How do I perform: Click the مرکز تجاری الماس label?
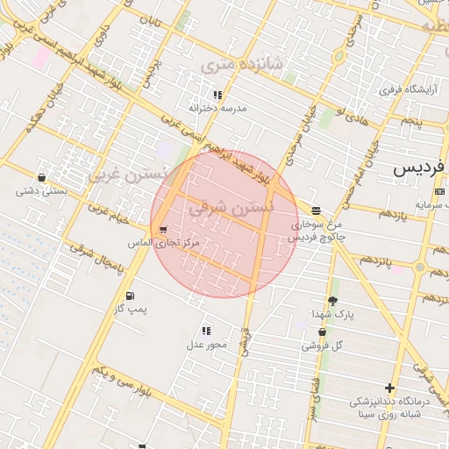click(x=164, y=242)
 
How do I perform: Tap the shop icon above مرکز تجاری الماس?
click(x=164, y=230)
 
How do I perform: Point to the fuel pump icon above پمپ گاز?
click(x=131, y=296)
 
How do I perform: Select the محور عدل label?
click(x=206, y=344)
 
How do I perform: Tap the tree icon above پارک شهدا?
click(x=332, y=301)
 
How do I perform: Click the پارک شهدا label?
click(x=332, y=314)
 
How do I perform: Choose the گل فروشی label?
click(x=323, y=346)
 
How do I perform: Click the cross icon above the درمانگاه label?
click(x=389, y=388)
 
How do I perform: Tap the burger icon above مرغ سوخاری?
click(x=316, y=210)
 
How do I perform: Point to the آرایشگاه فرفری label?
click(x=402, y=89)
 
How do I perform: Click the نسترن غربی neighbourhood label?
click(x=125, y=173)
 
